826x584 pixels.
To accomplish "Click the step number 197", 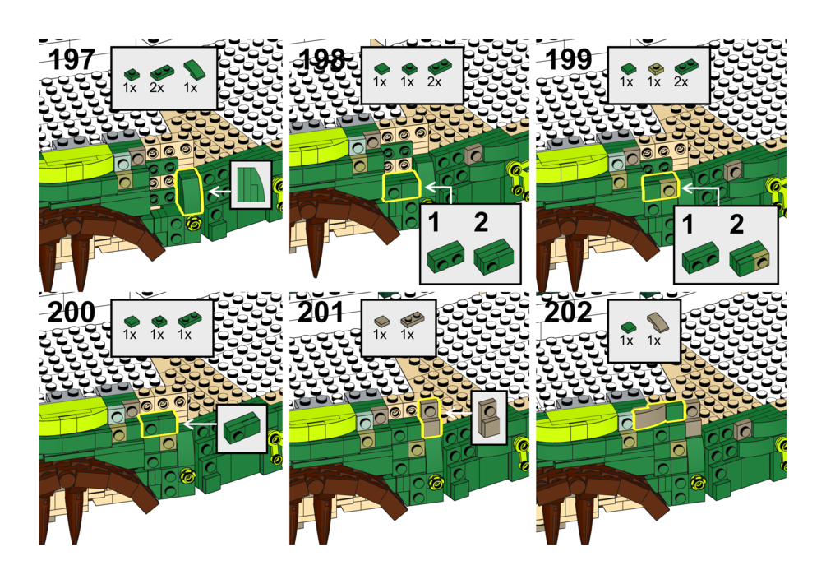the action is click(x=72, y=60).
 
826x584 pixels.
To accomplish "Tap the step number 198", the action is click(x=321, y=60).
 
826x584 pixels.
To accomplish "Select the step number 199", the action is click(x=569, y=60).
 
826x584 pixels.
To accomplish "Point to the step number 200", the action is click(x=72, y=313).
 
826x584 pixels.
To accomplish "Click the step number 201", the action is click(x=321, y=313).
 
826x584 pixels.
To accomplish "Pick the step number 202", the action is click(x=569, y=313).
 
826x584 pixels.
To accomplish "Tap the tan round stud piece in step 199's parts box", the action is click(x=655, y=68).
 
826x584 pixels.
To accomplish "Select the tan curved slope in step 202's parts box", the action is click(x=658, y=322).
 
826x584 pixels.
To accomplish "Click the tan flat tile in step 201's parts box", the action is click(x=381, y=320).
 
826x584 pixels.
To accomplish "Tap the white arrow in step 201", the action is click(x=457, y=414).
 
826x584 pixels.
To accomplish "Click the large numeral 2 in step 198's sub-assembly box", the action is click(x=481, y=223).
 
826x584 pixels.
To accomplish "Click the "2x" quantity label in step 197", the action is click(x=156, y=87).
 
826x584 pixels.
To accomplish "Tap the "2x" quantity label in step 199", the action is click(x=681, y=82).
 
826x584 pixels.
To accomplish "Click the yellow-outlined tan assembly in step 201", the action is click(x=431, y=418).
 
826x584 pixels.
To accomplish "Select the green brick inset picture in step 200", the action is click(x=242, y=428).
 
